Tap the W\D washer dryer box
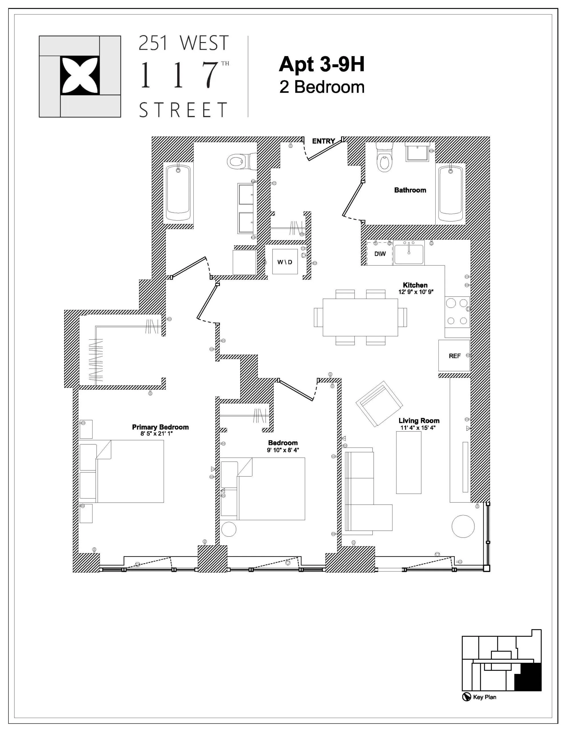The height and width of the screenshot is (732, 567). tap(285, 261)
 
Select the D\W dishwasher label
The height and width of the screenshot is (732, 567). tap(380, 254)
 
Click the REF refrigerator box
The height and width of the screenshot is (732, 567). tap(454, 356)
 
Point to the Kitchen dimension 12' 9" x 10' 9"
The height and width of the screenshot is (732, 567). tap(416, 292)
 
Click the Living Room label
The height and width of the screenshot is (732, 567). tap(419, 421)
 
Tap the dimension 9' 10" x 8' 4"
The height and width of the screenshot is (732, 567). tap(283, 450)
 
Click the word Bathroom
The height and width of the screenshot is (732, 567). tap(410, 190)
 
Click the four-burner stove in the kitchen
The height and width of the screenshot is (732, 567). tap(457, 312)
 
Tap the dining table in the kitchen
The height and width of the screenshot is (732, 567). tap(360, 317)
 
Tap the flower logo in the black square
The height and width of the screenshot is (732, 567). tap(80, 76)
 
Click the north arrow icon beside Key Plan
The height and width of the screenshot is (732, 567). tap(466, 697)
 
